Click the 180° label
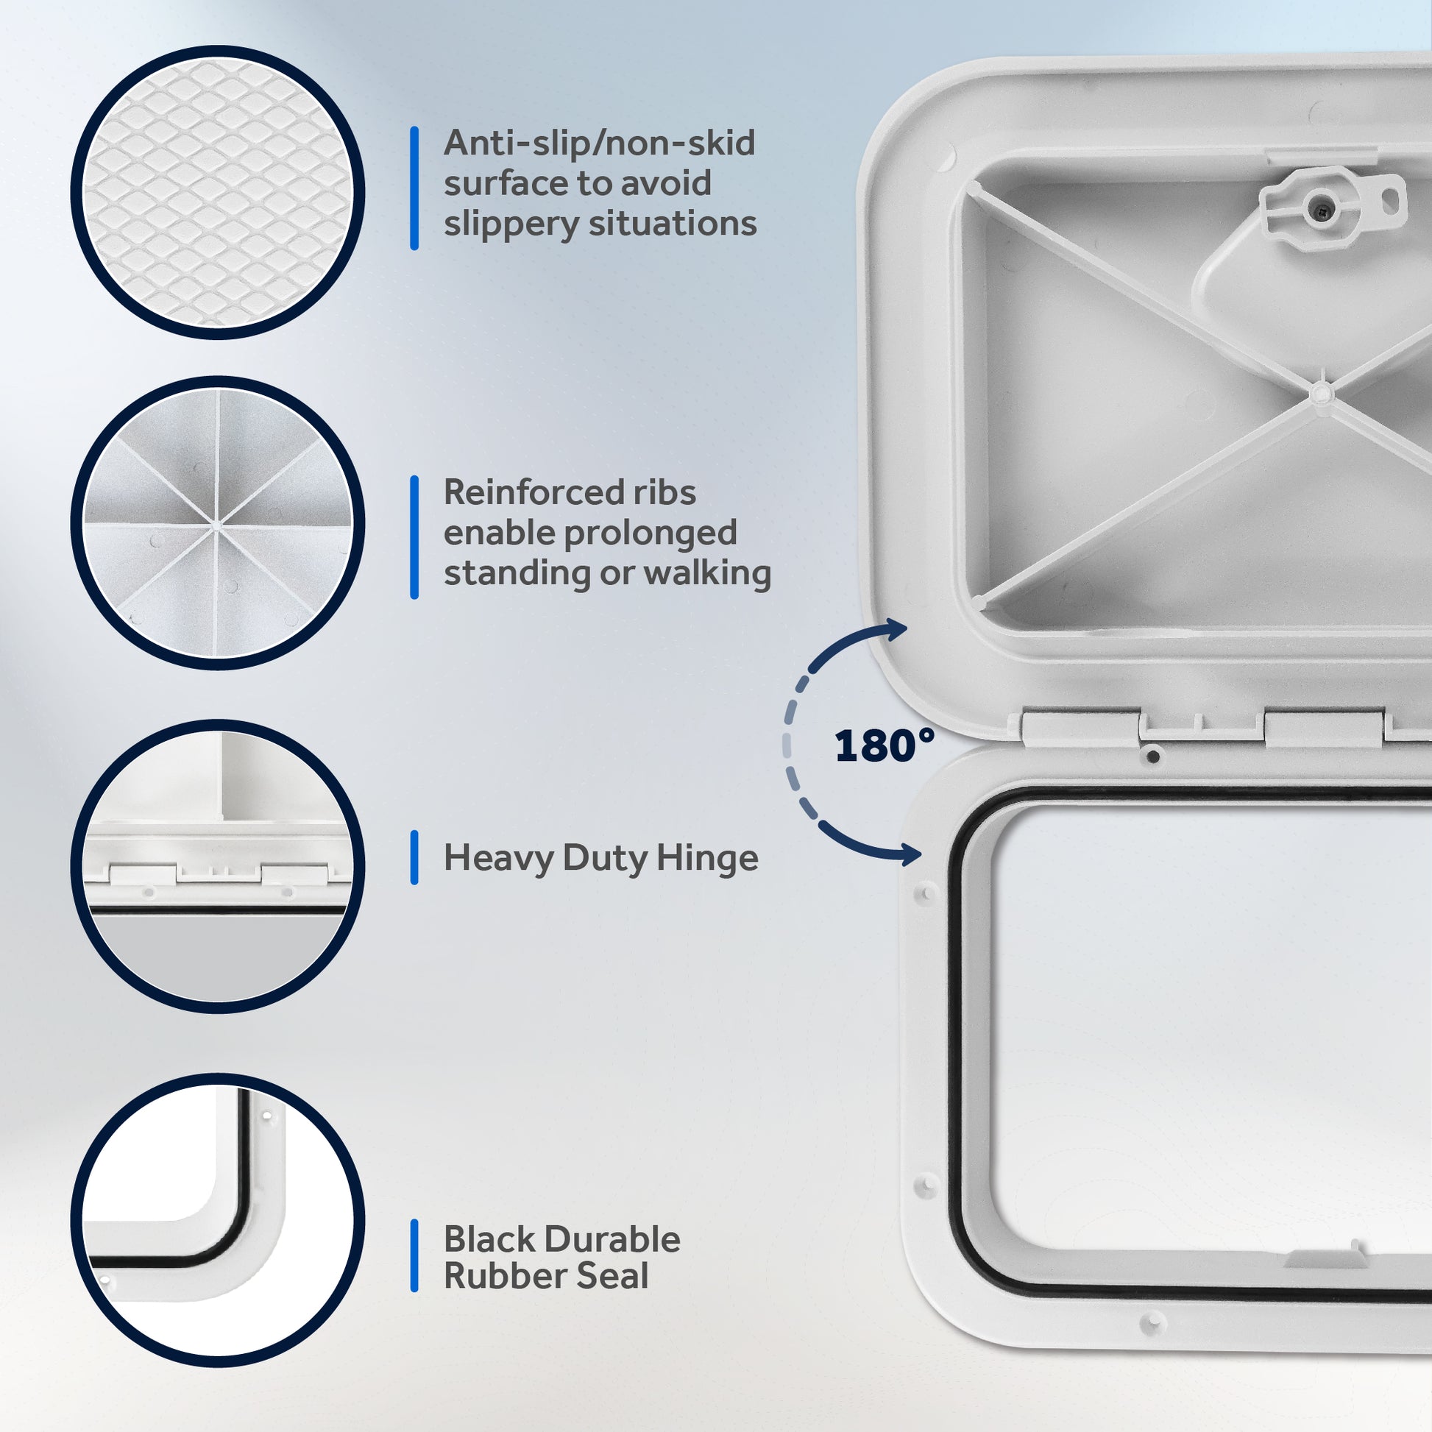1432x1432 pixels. [885, 745]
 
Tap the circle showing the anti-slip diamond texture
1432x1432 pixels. [217, 192]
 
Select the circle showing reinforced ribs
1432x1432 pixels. [217, 523]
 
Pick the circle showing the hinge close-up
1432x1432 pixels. [217, 865]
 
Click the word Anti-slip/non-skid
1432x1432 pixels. [599, 143]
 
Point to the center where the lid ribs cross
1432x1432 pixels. [1319, 392]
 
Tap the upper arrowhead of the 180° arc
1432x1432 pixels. [896, 630]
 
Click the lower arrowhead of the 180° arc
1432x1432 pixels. [909, 853]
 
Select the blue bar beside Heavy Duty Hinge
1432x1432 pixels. [414, 857]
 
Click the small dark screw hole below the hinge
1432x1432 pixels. [1152, 756]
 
